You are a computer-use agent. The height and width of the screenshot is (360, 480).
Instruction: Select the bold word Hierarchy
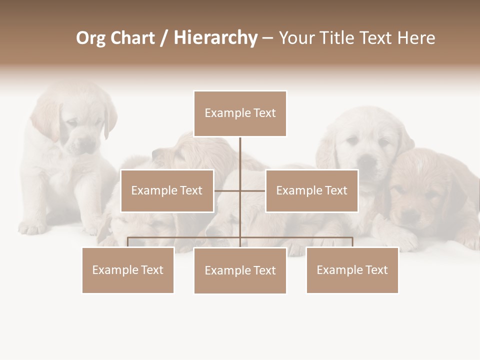coord(215,38)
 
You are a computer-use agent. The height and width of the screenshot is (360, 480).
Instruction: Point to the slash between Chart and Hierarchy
coord(164,38)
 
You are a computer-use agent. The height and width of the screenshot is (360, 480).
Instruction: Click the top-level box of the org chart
coord(240,113)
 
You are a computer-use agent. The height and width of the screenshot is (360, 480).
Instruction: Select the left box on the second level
coord(167,190)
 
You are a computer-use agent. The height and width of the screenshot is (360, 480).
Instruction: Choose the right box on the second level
coord(311,190)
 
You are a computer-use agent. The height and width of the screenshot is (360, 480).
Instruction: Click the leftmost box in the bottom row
coord(128,270)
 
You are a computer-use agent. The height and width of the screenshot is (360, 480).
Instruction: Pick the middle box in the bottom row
coord(240,270)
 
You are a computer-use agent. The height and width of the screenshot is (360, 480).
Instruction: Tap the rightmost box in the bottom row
coord(352,270)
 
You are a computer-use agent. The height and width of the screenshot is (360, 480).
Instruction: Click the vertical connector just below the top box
coord(240,152)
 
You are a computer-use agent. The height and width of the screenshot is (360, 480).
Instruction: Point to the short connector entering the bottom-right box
coord(352,242)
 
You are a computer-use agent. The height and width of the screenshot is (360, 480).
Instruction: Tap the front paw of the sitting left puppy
coord(32,228)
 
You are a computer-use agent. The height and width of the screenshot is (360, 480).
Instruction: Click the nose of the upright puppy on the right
coord(367,161)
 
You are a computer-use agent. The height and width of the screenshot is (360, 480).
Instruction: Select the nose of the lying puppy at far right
coord(411,216)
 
